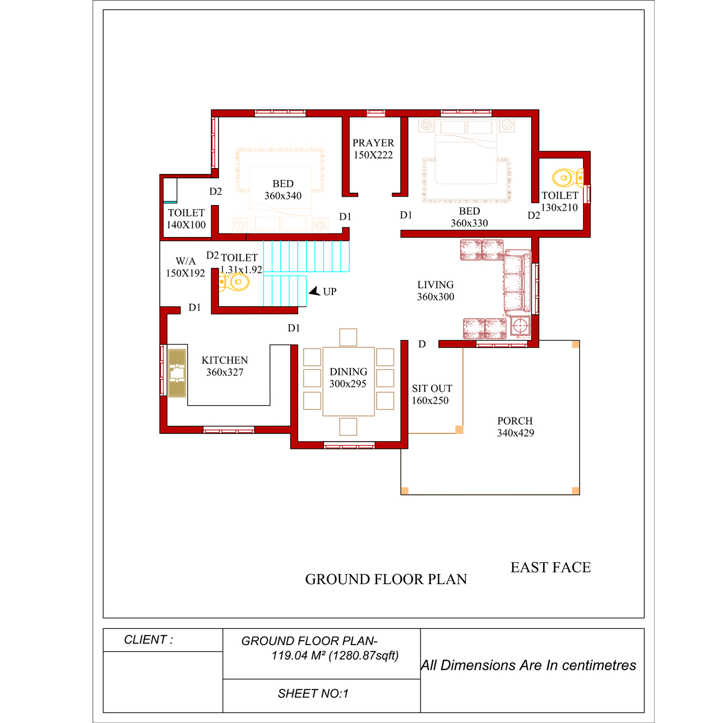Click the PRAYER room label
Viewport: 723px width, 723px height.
pos(373,143)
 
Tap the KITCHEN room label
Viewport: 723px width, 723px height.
pos(225,360)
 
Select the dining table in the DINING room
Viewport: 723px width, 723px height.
pos(348,381)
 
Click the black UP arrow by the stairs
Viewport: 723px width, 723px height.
pos(315,291)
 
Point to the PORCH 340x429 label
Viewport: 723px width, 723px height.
pos(515,427)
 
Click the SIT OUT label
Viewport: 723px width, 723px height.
pos(432,388)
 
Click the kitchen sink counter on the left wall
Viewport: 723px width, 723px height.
pos(177,373)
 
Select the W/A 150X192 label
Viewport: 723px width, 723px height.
pos(186,267)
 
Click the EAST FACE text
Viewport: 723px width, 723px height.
pos(550,568)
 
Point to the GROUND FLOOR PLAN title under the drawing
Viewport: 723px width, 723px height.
pos(386,580)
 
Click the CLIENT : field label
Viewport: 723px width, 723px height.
pos(149,639)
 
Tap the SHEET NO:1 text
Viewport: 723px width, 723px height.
pos(313,694)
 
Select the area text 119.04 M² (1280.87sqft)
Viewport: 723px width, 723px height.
pos(335,656)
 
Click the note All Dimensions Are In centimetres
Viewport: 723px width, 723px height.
pos(529,665)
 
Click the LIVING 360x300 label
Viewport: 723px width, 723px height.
pos(435,291)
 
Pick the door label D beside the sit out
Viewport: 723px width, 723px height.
pos(422,344)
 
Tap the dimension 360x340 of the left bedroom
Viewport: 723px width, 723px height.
pos(283,196)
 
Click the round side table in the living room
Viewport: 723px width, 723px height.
pos(521,326)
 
